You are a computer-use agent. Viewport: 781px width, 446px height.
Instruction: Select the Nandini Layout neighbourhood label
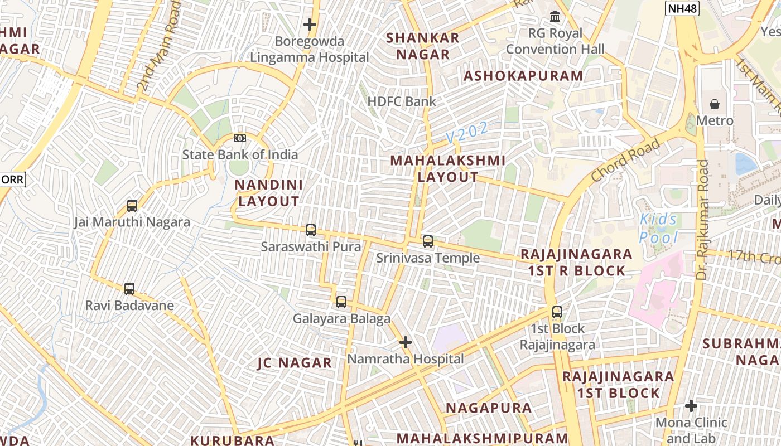[x=268, y=193]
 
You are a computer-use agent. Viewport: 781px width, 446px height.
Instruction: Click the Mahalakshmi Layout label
[x=448, y=169]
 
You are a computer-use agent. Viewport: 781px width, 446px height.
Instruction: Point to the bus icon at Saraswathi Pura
[x=311, y=230]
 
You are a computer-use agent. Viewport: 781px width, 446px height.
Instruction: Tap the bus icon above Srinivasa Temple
[x=428, y=241]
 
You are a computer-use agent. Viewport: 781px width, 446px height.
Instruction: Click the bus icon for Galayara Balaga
[x=341, y=302]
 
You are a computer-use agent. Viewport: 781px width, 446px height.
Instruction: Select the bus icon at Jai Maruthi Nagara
[x=132, y=206]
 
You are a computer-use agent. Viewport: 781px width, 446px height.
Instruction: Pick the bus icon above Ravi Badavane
[x=129, y=289]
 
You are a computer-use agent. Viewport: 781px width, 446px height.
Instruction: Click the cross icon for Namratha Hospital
[x=406, y=342]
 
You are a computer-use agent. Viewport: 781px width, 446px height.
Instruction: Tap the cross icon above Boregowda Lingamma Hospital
[x=309, y=25]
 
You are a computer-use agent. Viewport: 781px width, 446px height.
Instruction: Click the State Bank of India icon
[x=240, y=138]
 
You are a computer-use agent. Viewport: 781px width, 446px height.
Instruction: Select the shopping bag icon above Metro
[x=714, y=104]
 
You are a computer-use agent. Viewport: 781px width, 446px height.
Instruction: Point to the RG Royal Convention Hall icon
[x=555, y=17]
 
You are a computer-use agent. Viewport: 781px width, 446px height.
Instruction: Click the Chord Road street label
[x=625, y=160]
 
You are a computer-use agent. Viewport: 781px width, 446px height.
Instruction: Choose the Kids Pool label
[x=658, y=229]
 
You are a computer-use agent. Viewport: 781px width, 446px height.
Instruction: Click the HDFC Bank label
[x=402, y=101]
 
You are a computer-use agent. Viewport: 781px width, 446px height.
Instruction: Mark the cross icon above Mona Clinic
[x=691, y=406]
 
